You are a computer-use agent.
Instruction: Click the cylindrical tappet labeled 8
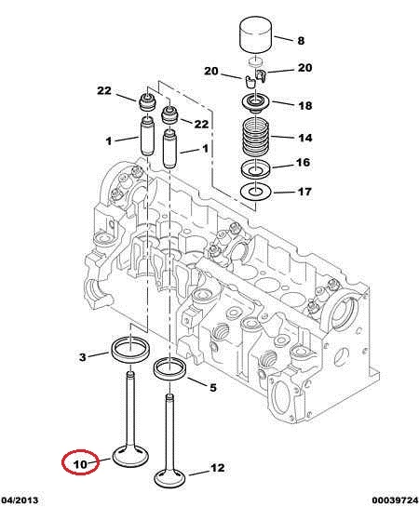pyautogui.click(x=256, y=33)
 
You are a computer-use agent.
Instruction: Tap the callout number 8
pyautogui.click(x=301, y=41)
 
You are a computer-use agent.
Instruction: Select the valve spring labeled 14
pyautogui.click(x=256, y=136)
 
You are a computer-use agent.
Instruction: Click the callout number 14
pyautogui.click(x=305, y=138)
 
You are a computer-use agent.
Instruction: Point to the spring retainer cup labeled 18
pyautogui.click(x=256, y=103)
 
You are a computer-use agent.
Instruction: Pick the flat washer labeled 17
pyautogui.click(x=256, y=192)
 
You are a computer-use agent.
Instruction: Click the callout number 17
pyautogui.click(x=304, y=192)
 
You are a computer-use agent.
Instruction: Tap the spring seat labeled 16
pyautogui.click(x=256, y=168)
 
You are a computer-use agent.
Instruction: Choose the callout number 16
pyautogui.click(x=304, y=162)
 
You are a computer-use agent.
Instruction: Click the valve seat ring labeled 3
pyautogui.click(x=130, y=351)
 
